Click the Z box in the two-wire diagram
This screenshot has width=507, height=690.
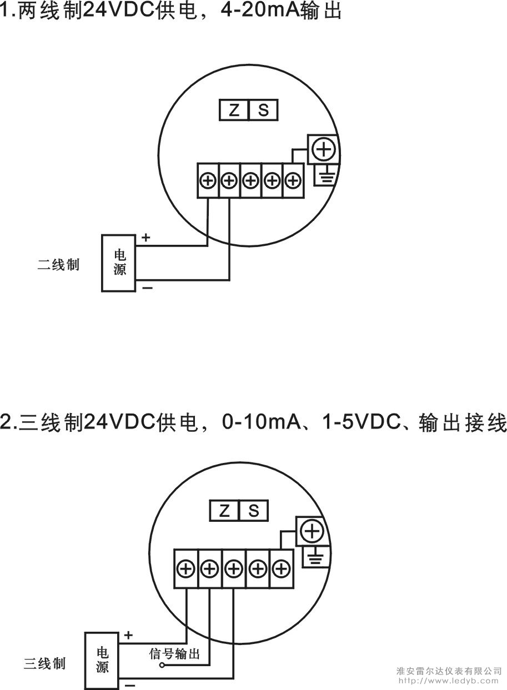coord(234,110)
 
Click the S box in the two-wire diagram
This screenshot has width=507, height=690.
coord(263,110)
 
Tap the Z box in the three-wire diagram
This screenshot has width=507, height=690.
coord(224,511)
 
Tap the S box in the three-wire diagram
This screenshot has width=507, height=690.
coord(253,511)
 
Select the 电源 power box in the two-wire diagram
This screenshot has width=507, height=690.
coord(119,263)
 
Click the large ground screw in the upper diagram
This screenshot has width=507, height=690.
coord(324,149)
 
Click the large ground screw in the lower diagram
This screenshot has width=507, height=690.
coord(312,531)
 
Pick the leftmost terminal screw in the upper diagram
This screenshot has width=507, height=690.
coord(208,180)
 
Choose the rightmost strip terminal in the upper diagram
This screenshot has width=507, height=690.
coord(293,180)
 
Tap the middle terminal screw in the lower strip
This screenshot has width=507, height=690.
coord(234,568)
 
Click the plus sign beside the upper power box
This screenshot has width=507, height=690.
coord(146,237)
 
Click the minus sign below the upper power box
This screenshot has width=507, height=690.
coord(148,288)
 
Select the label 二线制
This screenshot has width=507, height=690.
coord(58,265)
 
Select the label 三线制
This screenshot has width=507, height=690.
coord(44,663)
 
